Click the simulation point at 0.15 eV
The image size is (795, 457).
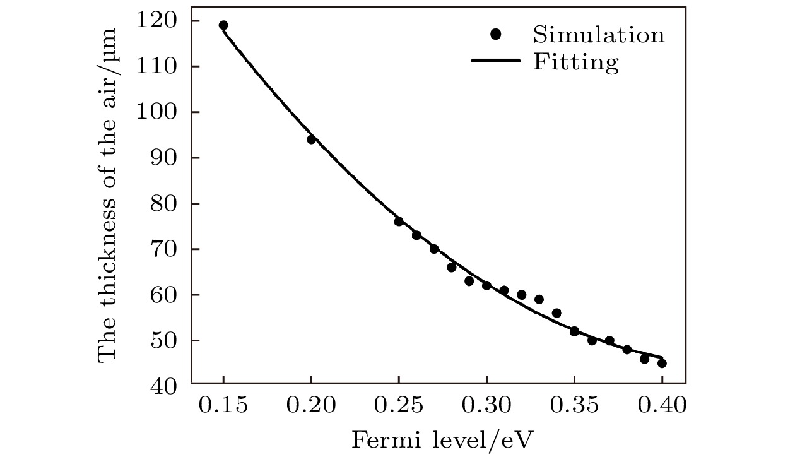223,25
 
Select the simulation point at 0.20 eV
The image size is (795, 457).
311,139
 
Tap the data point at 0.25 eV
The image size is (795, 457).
399,222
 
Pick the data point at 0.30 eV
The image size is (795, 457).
486,285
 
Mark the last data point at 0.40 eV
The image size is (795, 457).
662,363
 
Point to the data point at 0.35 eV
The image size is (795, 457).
574,331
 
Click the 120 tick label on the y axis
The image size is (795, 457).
156,21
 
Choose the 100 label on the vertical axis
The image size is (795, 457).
156,112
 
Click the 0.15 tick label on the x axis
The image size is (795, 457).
223,406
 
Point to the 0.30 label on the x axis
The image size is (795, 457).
486,406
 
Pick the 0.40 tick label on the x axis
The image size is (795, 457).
662,406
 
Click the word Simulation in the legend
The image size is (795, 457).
598,34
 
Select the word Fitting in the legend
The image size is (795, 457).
575,62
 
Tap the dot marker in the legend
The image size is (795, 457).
496,34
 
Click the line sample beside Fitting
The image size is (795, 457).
496,61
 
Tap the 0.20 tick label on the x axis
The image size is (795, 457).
311,406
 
